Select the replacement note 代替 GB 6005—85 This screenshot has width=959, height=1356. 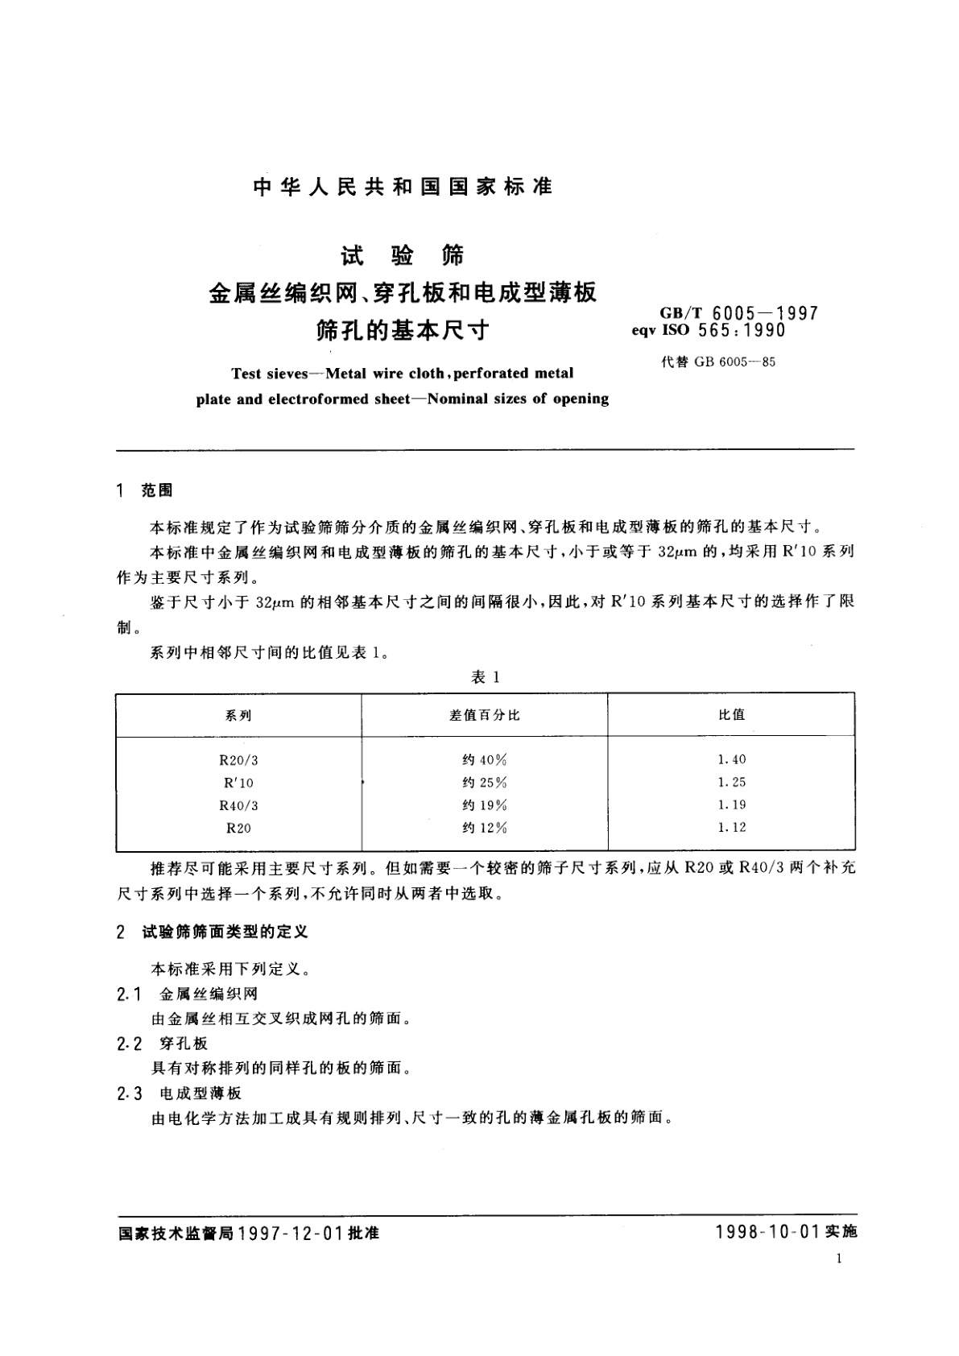(x=718, y=362)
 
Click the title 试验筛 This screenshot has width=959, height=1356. (x=403, y=256)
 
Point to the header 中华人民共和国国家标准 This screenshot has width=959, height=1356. (x=403, y=187)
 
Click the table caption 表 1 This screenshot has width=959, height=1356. (x=486, y=678)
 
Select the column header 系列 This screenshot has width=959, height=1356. (x=238, y=715)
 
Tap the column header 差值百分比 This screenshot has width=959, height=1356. (x=485, y=715)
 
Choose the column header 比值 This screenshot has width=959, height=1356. (x=731, y=714)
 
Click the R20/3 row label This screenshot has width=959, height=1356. (x=238, y=759)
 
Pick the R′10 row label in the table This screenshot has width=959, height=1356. (x=238, y=782)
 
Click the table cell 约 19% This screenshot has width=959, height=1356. (x=485, y=804)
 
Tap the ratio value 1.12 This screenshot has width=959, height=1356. (x=731, y=827)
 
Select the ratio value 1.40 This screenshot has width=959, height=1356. (x=731, y=759)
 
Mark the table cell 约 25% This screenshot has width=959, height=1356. (x=485, y=782)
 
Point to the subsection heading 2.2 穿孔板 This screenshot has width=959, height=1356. (x=163, y=1044)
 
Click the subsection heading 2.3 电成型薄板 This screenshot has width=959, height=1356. (x=179, y=1093)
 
